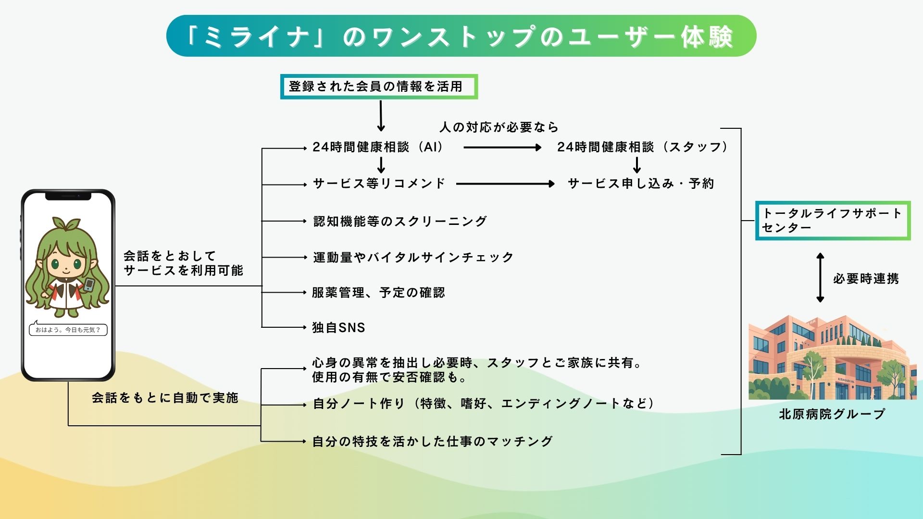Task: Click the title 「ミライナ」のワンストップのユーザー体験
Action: [461, 36]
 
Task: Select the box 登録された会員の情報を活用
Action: [378, 86]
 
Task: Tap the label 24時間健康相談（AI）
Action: [378, 147]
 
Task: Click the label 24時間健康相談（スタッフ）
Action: [642, 147]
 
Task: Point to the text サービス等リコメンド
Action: [379, 184]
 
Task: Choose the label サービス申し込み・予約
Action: [640, 184]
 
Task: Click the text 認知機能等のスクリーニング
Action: [400, 221]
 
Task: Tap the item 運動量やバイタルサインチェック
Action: [413, 258]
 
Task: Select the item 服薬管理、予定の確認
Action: [378, 293]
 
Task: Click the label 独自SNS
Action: [338, 328]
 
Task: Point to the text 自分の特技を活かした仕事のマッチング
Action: [432, 441]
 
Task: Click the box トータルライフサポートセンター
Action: [833, 221]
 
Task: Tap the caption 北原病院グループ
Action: [832, 414]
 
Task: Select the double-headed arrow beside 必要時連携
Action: [820, 278]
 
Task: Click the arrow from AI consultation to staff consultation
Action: [502, 148]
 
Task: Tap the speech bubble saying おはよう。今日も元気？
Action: [68, 330]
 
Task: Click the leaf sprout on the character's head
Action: [66, 223]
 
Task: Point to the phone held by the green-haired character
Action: [89, 284]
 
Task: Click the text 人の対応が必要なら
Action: [499, 127]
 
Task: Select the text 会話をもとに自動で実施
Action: [165, 398]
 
